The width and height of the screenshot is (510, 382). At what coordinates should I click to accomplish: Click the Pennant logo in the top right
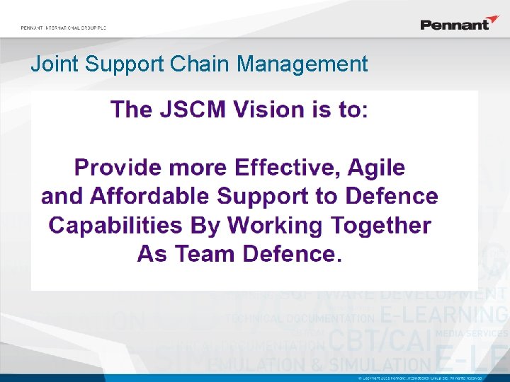460,23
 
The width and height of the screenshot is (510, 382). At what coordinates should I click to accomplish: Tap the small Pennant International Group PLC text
63,28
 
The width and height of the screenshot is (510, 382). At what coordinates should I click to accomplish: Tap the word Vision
263,110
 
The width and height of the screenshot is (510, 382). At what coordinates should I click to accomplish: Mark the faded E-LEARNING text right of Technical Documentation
443,316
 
